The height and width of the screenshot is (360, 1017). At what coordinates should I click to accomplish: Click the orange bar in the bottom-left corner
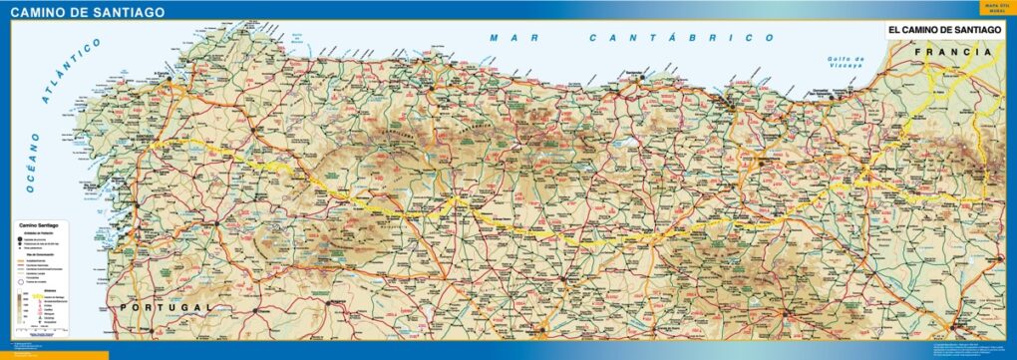(54, 354)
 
